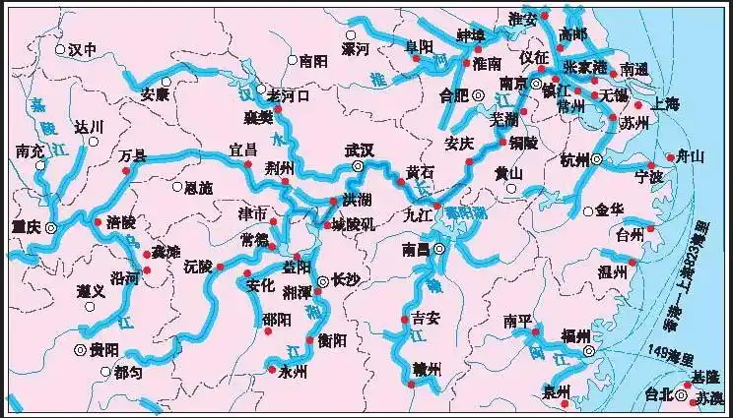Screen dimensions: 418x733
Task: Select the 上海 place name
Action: [x=665, y=104]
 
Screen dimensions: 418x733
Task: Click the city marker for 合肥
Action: [x=478, y=95]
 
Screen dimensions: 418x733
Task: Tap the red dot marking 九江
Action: [x=437, y=206]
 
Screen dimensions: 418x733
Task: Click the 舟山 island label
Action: [x=688, y=155]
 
